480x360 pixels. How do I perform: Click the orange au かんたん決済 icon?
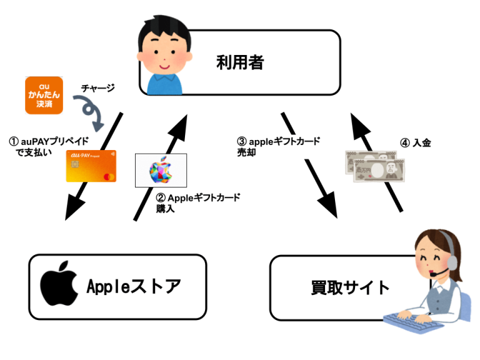[x=44, y=96]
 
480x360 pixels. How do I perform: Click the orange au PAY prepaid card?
[x=91, y=166]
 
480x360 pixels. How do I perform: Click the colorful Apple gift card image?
[x=161, y=170]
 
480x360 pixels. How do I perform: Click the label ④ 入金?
[x=415, y=143]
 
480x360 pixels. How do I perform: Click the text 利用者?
[x=240, y=62]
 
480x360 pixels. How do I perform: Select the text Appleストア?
[x=134, y=287]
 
